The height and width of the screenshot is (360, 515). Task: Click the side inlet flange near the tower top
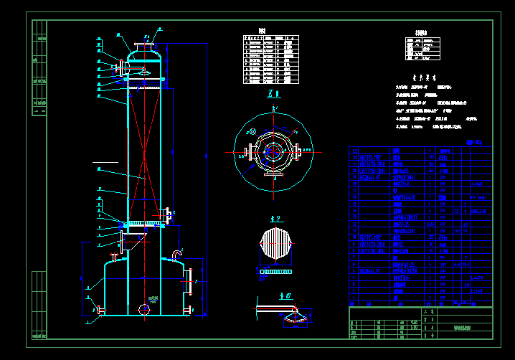click(x=118, y=67)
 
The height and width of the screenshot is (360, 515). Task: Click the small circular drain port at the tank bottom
click(x=144, y=309)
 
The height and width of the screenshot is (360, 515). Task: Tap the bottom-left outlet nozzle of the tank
click(x=100, y=311)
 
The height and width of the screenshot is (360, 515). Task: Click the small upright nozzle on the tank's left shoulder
click(x=113, y=257)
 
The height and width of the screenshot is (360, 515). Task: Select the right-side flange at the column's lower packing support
click(x=167, y=213)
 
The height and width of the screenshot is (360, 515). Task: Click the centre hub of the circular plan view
click(x=273, y=151)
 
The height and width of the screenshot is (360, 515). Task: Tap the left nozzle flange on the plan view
click(x=247, y=152)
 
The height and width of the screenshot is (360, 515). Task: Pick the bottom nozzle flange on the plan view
click(x=273, y=173)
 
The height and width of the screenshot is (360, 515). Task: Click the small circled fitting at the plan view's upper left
click(x=252, y=131)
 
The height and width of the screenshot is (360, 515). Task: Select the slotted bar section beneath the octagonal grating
click(x=276, y=272)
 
